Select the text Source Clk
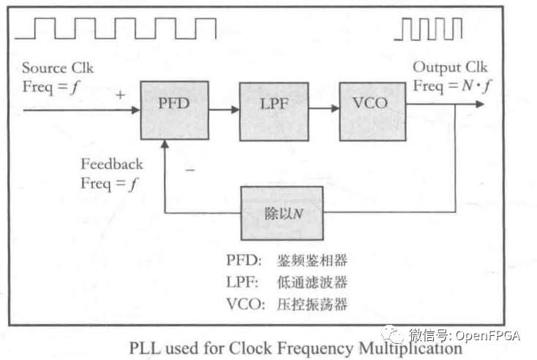(58, 68)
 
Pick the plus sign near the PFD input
(119, 95)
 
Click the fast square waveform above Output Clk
(429, 29)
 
